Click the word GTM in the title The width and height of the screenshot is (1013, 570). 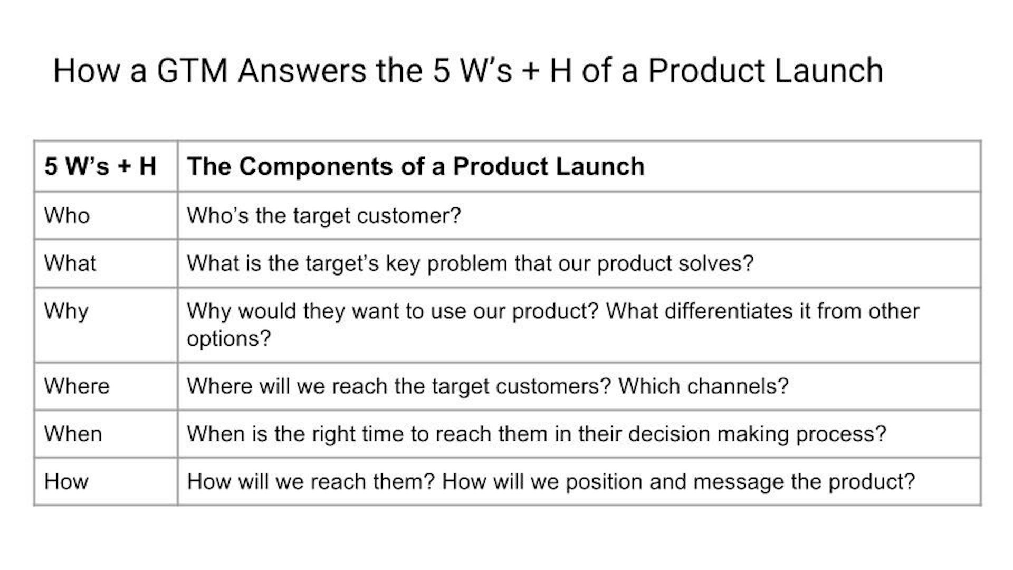click(x=192, y=71)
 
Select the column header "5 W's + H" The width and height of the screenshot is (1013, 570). click(x=100, y=166)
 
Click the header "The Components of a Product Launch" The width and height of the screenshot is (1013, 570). click(x=416, y=166)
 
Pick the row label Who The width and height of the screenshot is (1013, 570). click(x=67, y=215)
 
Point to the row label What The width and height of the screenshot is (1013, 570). click(x=70, y=263)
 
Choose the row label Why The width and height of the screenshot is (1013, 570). click(x=66, y=312)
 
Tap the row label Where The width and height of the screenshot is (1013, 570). click(x=77, y=386)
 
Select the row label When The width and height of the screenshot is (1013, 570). click(x=73, y=434)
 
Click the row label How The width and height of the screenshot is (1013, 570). click(x=66, y=481)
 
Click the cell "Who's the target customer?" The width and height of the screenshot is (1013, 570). click(x=324, y=215)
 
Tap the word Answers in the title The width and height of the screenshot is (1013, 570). click(x=302, y=71)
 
